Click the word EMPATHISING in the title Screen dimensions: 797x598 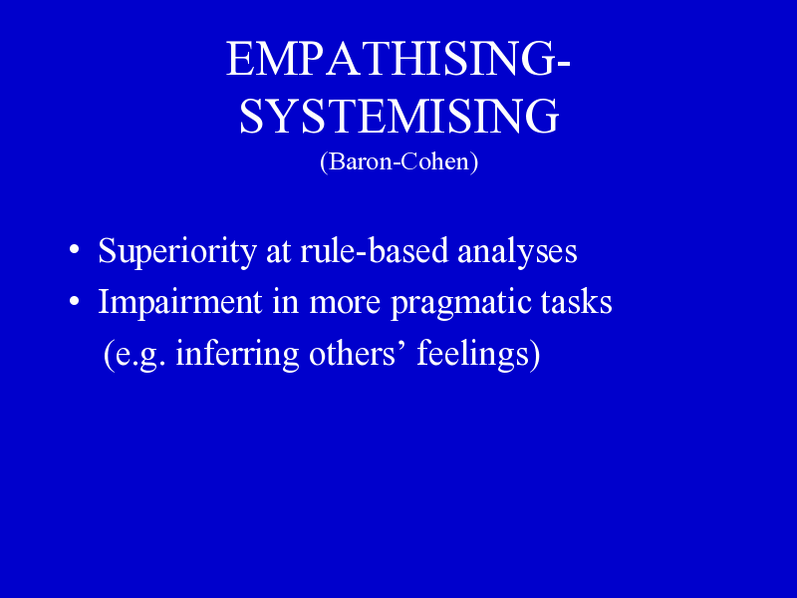click(x=392, y=59)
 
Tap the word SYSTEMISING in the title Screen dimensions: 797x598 click(x=399, y=117)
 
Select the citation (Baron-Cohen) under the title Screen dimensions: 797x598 click(x=399, y=162)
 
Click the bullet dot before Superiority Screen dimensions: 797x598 click(x=74, y=250)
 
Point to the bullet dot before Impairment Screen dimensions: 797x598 click(x=74, y=301)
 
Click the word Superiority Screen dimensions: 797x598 click(x=177, y=251)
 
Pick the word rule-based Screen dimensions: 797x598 click(x=375, y=250)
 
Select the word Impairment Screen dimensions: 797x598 click(x=180, y=301)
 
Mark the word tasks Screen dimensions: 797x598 click(x=577, y=301)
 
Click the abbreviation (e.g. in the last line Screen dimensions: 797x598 click(x=134, y=355)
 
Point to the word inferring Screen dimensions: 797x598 click(x=237, y=354)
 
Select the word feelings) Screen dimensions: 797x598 click(x=478, y=354)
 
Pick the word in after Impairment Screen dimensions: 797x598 click(x=285, y=302)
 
